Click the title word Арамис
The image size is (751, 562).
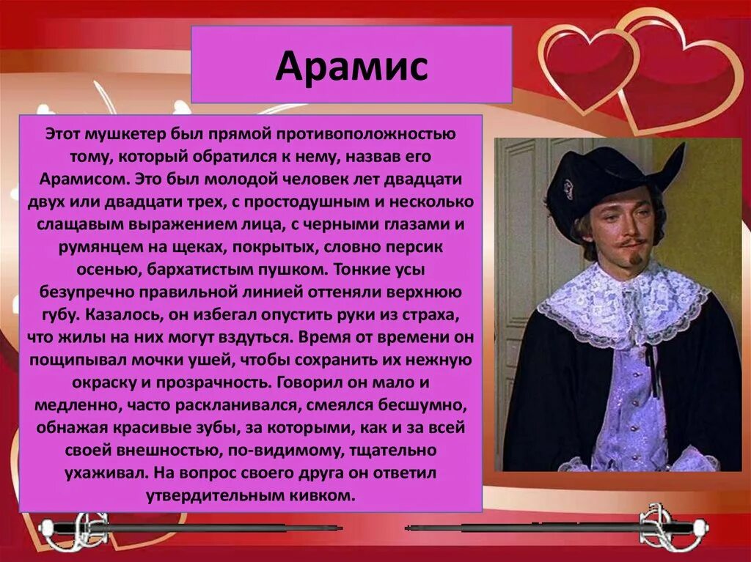(x=351, y=67)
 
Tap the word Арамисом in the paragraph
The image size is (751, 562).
(x=81, y=180)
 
